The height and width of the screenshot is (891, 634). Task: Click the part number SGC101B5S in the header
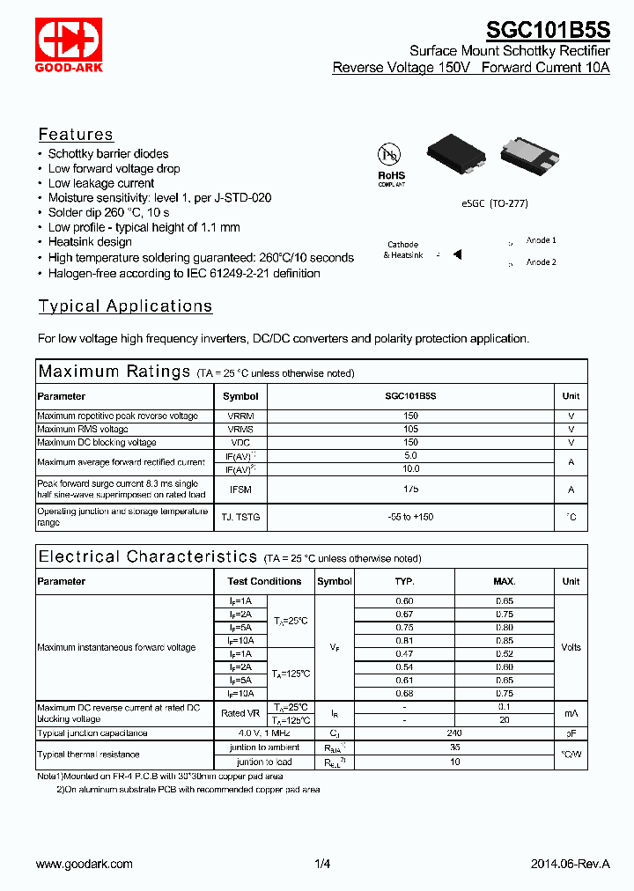548,28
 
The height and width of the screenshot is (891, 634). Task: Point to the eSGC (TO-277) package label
494,203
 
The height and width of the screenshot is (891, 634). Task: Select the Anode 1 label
541,239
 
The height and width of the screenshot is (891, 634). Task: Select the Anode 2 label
541,261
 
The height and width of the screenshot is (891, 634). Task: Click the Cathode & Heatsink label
402,250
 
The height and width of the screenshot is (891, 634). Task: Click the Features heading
76,135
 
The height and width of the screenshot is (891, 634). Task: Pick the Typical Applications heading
125,306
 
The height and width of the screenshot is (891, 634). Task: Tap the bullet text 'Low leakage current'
101,183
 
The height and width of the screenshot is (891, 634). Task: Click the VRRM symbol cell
240,416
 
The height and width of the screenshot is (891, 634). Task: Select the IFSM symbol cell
240,490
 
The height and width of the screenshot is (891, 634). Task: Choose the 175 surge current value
411,489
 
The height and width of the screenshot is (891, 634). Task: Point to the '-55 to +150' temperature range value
411,517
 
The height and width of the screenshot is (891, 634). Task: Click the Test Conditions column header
264,581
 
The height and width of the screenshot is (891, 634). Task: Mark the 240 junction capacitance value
454,733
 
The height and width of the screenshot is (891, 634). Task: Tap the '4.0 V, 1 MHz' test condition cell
264,733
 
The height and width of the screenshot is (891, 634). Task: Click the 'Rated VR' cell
240,713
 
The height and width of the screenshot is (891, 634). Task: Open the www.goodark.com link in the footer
85,864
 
